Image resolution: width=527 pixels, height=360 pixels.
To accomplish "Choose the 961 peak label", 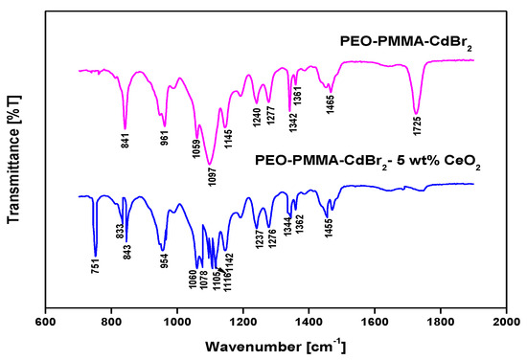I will tap(164, 138).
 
